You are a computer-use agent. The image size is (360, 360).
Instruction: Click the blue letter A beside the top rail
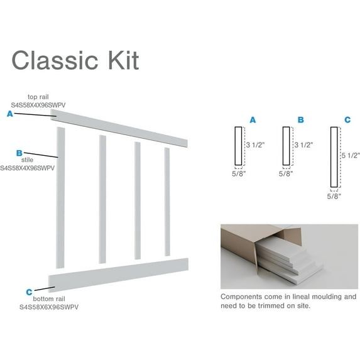click(x=9, y=114)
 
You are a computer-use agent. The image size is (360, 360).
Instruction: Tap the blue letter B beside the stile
click(x=19, y=153)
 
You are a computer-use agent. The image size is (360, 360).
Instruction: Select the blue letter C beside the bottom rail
click(x=29, y=292)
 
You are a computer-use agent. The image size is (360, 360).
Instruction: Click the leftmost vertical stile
click(x=61, y=195)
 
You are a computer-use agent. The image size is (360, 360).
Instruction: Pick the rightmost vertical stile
click(x=167, y=201)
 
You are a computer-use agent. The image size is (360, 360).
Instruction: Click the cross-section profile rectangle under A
click(x=238, y=146)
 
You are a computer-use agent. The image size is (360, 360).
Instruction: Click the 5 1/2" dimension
click(x=349, y=155)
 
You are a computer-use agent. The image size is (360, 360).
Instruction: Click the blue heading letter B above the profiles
click(x=301, y=119)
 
